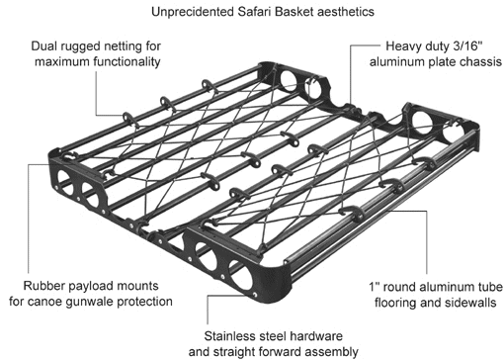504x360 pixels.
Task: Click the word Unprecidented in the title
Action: coord(193,12)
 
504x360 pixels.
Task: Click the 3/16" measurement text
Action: coord(467,45)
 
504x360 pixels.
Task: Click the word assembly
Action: coord(333,352)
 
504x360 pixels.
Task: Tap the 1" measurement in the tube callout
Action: coord(375,287)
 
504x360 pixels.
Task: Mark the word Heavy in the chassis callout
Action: coord(400,46)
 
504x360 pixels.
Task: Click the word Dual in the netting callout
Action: coord(42,45)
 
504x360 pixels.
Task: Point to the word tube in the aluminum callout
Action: coord(491,287)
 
